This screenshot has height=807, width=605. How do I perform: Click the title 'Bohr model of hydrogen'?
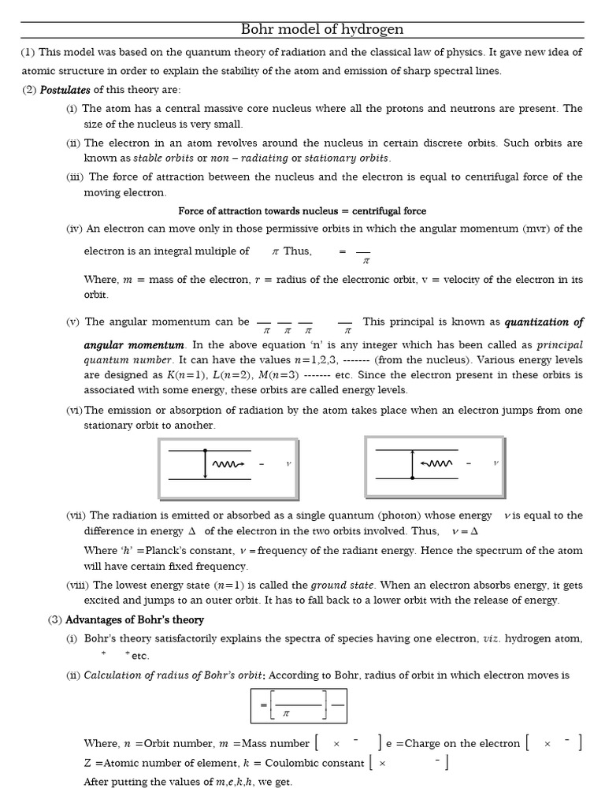pos(321,30)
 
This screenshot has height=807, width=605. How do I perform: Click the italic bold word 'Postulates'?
pos(65,89)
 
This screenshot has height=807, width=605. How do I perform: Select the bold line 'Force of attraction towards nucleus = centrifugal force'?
pos(302,210)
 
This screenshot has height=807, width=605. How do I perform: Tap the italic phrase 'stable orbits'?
pos(165,158)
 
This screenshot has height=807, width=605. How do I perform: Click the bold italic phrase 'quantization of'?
pos(544,322)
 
